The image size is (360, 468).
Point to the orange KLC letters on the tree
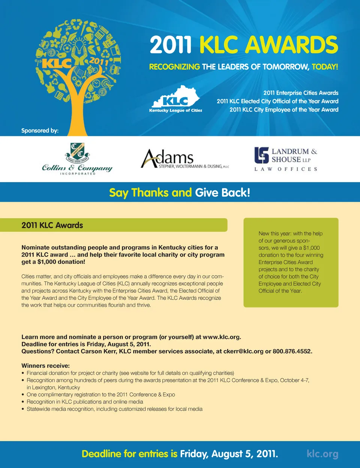(x=56, y=63)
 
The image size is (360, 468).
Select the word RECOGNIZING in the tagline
(x=174, y=67)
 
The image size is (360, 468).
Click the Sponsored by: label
(x=40, y=131)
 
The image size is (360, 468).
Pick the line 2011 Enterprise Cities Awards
(x=301, y=93)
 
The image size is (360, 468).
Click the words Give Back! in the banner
(x=222, y=193)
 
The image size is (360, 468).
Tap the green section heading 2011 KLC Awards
(x=52, y=225)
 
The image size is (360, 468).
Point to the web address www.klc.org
(x=221, y=337)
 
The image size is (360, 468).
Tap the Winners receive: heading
(x=45, y=366)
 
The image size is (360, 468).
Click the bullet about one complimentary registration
(x=100, y=394)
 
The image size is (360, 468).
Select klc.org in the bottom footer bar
(x=322, y=454)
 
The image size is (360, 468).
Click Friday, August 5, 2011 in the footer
(x=229, y=454)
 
